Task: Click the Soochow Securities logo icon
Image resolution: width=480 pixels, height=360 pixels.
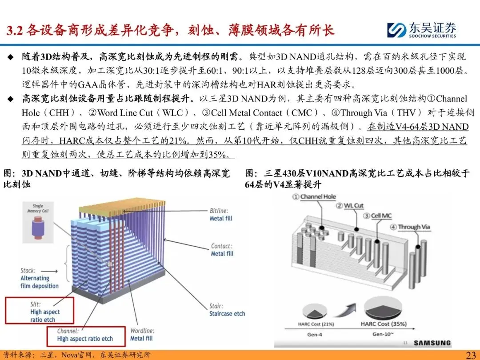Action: tap(394, 30)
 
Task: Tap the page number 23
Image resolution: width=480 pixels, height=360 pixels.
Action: tap(471, 355)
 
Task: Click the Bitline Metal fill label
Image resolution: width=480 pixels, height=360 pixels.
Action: tap(221, 214)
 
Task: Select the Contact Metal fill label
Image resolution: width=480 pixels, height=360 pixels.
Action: tap(222, 250)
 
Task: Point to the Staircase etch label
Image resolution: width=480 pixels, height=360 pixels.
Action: tap(227, 310)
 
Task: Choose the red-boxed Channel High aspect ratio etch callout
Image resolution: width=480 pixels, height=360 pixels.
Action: tap(84, 335)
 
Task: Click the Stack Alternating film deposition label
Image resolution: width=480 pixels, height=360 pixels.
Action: tap(39, 278)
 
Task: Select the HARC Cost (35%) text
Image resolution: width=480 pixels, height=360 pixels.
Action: tap(386, 324)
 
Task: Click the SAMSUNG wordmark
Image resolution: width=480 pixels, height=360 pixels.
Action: tap(432, 343)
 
